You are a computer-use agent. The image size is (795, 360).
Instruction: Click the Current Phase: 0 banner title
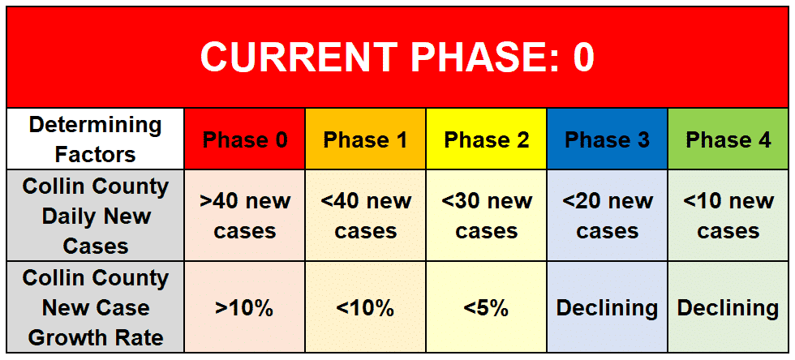(x=397, y=56)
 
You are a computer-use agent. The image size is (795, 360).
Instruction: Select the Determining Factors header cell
(x=96, y=139)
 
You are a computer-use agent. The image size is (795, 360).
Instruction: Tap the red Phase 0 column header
(x=245, y=139)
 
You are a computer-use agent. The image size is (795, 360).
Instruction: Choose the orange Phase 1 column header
(x=366, y=139)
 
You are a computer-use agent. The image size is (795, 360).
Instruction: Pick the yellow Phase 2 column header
(x=486, y=139)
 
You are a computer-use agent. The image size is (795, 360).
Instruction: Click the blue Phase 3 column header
(x=607, y=139)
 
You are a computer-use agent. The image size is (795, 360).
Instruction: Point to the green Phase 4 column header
(x=728, y=139)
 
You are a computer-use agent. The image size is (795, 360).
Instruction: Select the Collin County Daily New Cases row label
(x=96, y=216)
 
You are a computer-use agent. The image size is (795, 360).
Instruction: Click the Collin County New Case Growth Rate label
(x=96, y=307)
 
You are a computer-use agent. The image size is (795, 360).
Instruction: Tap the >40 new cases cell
(x=245, y=216)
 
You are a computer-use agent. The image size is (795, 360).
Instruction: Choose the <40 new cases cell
(x=366, y=216)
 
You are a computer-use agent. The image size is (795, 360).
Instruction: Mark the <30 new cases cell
(x=486, y=216)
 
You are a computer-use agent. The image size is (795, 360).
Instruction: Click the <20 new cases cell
(x=607, y=216)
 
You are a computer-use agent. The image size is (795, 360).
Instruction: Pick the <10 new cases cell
(x=728, y=216)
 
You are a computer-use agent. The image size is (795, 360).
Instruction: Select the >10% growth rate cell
(x=245, y=307)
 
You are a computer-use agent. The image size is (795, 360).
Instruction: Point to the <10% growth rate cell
(x=366, y=307)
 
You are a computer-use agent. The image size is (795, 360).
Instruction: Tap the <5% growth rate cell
(x=486, y=307)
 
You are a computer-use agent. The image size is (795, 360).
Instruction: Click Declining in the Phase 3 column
(x=607, y=307)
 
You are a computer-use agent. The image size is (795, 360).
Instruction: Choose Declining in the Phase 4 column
(x=728, y=307)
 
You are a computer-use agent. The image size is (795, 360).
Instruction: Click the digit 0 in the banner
(x=583, y=57)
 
